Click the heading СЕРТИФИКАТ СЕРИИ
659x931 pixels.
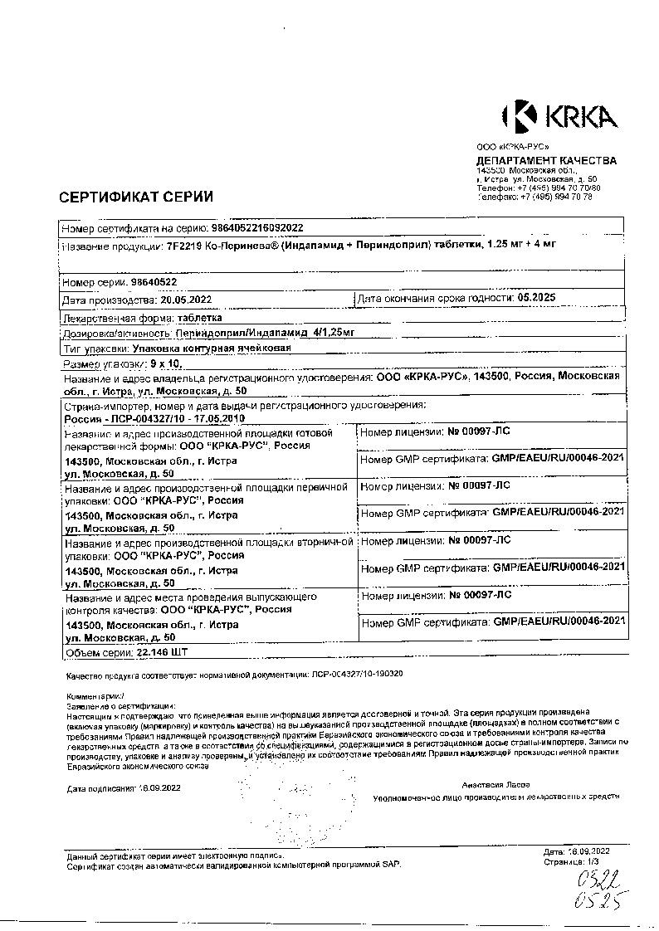pyautogui.click(x=135, y=197)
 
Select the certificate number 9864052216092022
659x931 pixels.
pyautogui.click(x=258, y=227)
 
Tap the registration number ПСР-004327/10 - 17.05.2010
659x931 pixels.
pyautogui.click(x=156, y=419)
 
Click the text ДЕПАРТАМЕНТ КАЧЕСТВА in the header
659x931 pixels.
pyautogui.click(x=546, y=160)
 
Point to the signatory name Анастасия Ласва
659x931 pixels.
pyautogui.click(x=495, y=784)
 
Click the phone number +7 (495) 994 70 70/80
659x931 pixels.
pyautogui.click(x=557, y=188)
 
